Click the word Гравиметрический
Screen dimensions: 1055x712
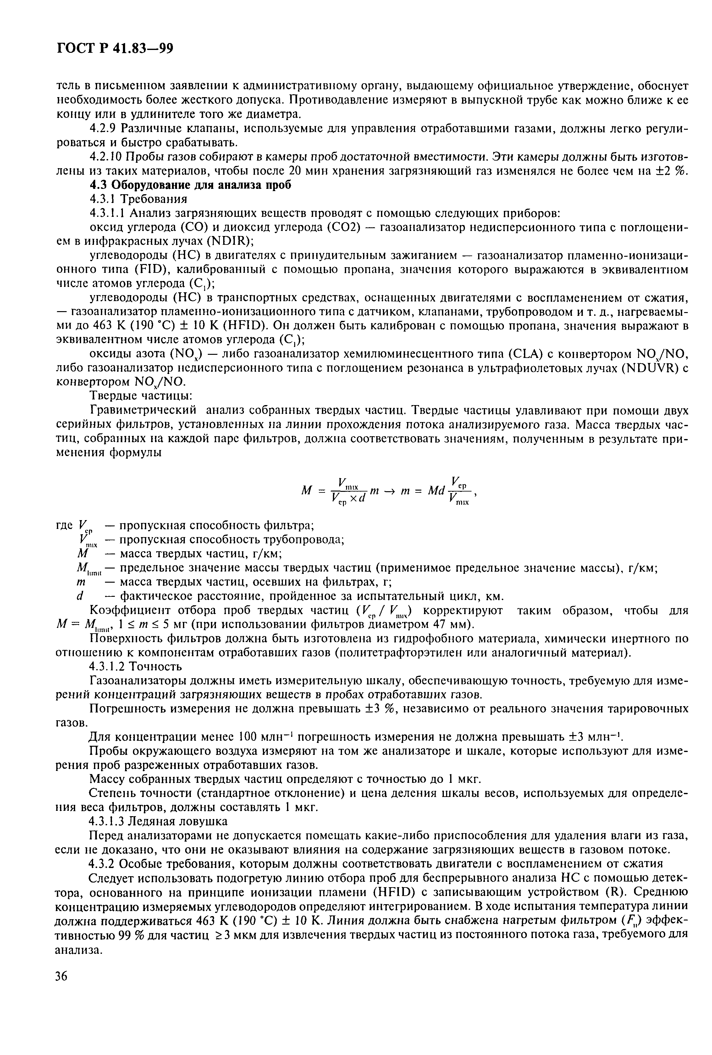(143, 410)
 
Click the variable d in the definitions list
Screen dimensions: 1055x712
(80, 596)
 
